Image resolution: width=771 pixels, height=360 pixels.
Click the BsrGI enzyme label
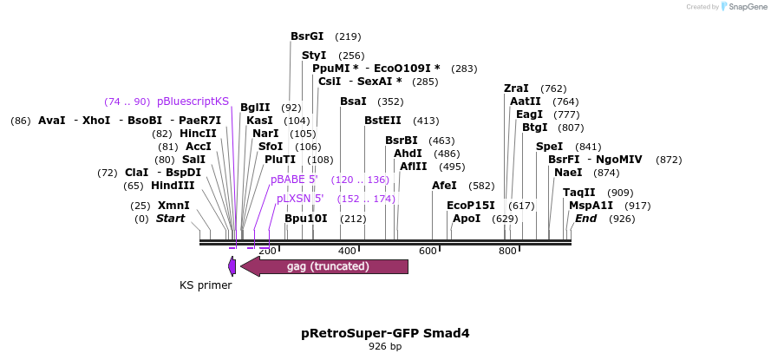click(x=307, y=36)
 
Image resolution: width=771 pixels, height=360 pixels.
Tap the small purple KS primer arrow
click(x=232, y=266)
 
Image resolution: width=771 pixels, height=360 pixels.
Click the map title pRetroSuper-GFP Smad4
click(x=385, y=333)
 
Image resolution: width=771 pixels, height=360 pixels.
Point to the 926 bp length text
click(x=385, y=347)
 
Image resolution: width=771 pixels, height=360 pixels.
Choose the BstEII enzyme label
click(x=383, y=121)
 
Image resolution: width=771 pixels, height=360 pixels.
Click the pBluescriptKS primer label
click(x=193, y=101)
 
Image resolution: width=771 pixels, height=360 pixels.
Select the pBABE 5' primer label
click(x=294, y=180)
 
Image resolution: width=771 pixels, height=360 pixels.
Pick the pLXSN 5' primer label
click(x=300, y=200)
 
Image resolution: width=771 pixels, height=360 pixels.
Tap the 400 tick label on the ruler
click(x=347, y=252)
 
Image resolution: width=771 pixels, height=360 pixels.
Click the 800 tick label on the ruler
click(x=508, y=252)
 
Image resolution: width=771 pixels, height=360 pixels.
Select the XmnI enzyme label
click(x=173, y=206)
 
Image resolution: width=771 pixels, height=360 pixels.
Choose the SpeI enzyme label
click(x=550, y=147)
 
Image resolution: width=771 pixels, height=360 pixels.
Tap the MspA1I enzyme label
click(x=591, y=206)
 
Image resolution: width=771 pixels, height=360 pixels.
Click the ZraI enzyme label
click(x=516, y=88)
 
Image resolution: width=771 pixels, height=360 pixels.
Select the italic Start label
click(x=170, y=219)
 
